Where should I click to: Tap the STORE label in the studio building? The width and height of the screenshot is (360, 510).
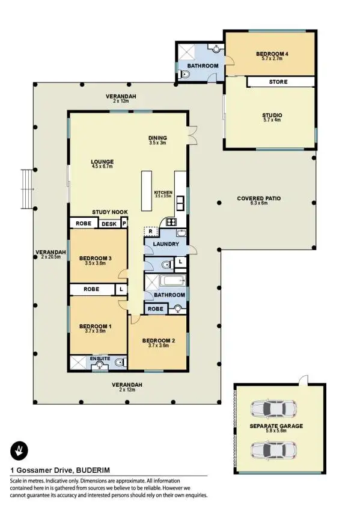pyautogui.click(x=278, y=82)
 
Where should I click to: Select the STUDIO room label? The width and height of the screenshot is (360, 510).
pyautogui.click(x=272, y=115)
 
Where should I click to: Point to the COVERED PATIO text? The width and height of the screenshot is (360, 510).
pyautogui.click(x=258, y=198)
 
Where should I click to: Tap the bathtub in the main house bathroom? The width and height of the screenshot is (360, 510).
pyautogui.click(x=172, y=281)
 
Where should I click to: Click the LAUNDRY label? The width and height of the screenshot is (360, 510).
pyautogui.click(x=165, y=244)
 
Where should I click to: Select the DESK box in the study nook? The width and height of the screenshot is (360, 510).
pyautogui.click(x=109, y=224)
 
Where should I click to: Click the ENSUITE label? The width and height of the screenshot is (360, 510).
pyautogui.click(x=100, y=358)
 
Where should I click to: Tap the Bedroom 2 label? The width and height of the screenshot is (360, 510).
pyautogui.click(x=158, y=340)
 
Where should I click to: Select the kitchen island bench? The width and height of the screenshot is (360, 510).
pyautogui.click(x=146, y=191)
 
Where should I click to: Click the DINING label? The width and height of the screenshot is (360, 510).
pyautogui.click(x=157, y=138)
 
